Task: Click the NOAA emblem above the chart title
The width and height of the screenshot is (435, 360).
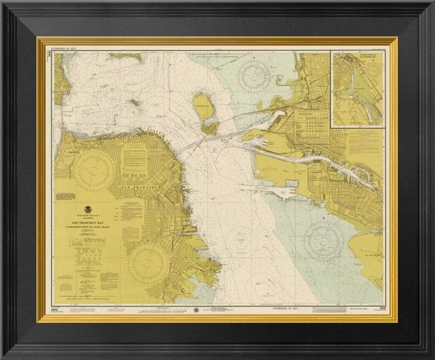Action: (x=88, y=210)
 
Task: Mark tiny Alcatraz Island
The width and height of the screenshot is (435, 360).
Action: (x=134, y=103)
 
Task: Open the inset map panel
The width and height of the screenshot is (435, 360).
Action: (x=357, y=88)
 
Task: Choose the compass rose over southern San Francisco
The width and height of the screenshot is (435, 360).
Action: (x=148, y=262)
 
